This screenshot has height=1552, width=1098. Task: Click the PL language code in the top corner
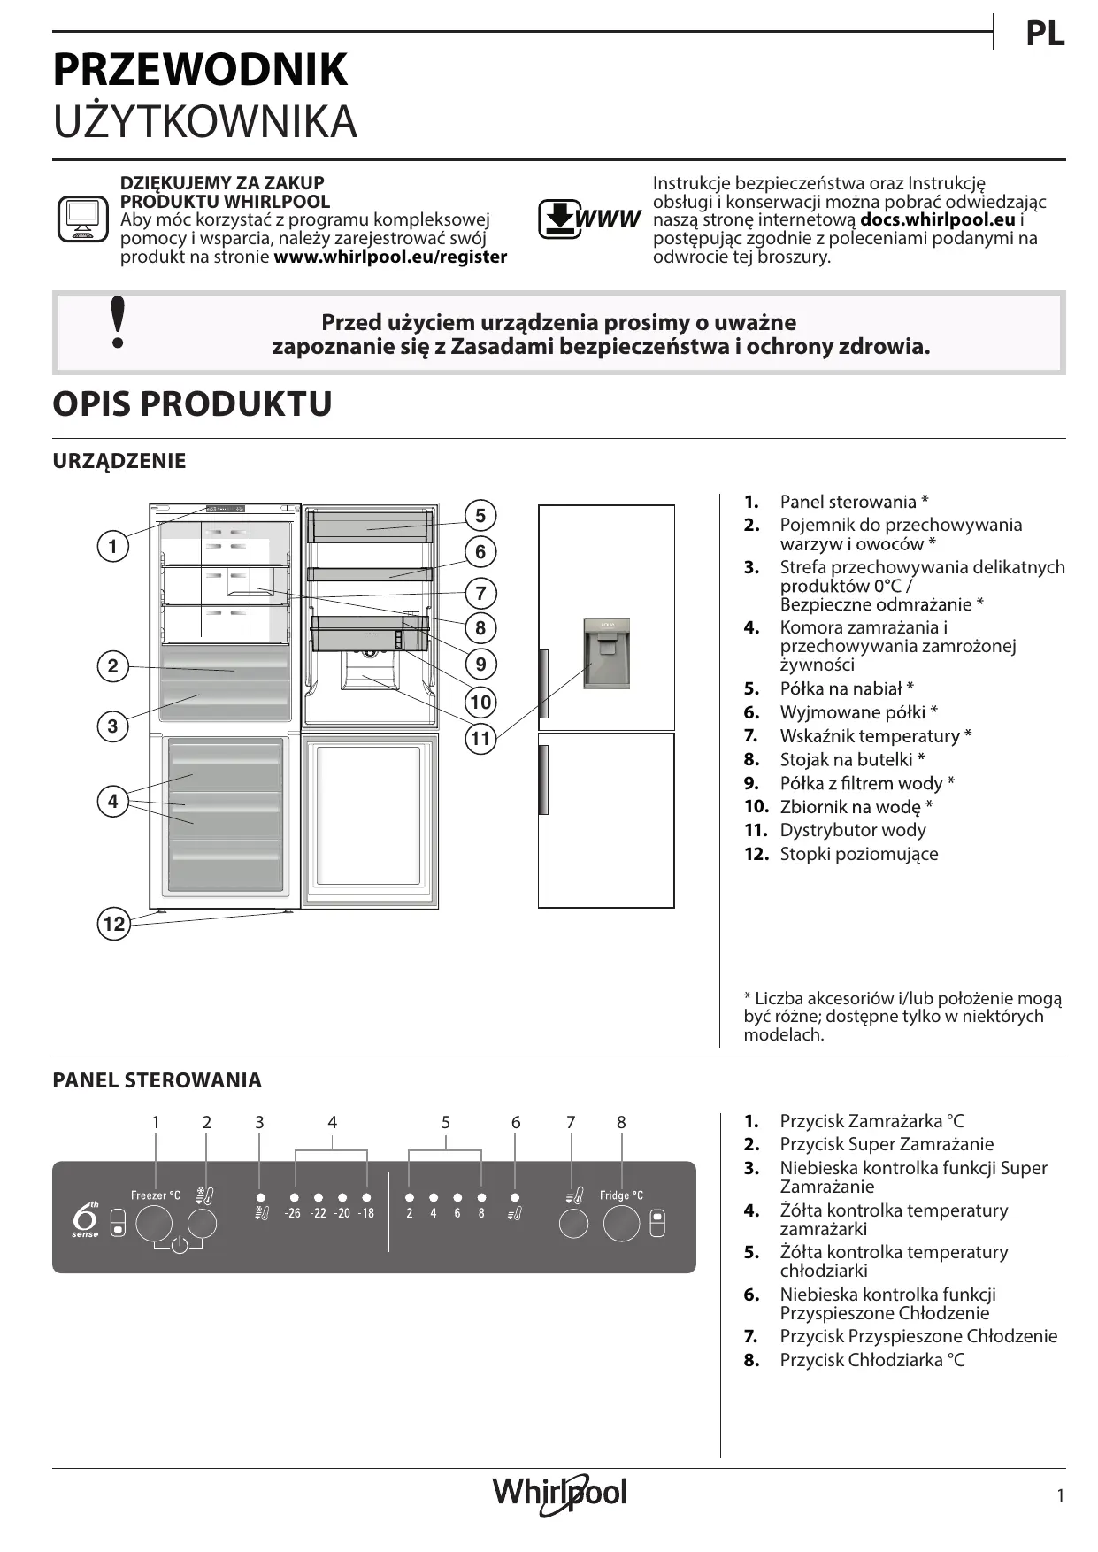[x=1044, y=35]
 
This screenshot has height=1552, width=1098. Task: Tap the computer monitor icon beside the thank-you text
[x=82, y=219]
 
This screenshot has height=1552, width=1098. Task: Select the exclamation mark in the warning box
[x=117, y=323]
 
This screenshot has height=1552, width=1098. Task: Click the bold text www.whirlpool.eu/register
[x=390, y=257]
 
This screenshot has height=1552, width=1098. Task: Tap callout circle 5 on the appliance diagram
[x=480, y=516]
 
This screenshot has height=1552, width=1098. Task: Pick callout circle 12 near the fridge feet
[x=113, y=925]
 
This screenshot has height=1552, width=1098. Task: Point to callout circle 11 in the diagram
[x=480, y=738]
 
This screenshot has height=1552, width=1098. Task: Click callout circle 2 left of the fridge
[x=112, y=665]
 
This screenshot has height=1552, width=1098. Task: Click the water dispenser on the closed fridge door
[x=606, y=653]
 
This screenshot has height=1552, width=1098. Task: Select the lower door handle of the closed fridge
[x=543, y=780]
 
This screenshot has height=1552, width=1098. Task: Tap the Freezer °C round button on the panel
[x=154, y=1224]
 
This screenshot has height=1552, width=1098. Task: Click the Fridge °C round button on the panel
[x=621, y=1224]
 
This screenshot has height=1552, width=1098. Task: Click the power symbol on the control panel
[x=179, y=1246]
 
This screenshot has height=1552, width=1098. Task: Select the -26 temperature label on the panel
[x=293, y=1213]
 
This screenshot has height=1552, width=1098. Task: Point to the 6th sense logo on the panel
[x=86, y=1220]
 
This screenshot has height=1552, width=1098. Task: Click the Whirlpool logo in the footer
[x=559, y=1494]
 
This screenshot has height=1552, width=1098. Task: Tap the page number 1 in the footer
[x=1060, y=1495]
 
